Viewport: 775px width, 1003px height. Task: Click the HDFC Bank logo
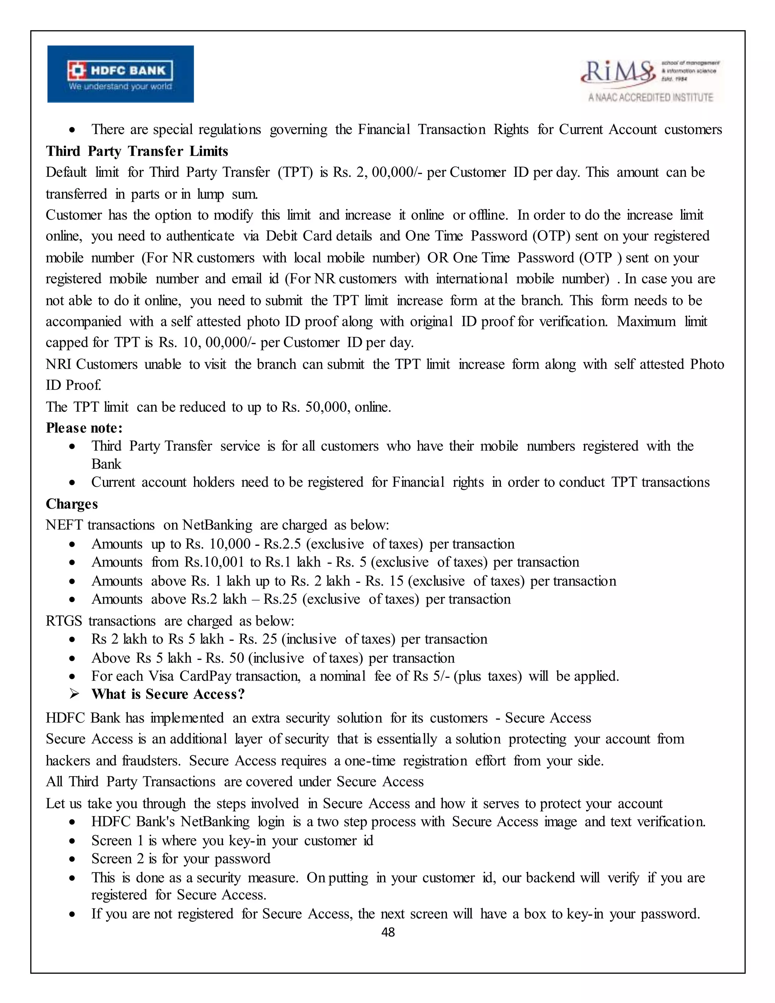point(120,73)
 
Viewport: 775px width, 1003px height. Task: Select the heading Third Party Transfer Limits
point(137,151)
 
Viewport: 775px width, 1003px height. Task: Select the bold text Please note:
point(84,428)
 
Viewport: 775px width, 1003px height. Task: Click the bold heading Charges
point(72,504)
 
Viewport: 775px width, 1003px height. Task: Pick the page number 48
point(388,932)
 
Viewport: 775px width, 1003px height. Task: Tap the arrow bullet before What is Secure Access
point(74,694)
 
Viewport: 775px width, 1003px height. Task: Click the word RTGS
point(64,621)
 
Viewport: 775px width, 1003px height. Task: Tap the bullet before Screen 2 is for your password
point(72,859)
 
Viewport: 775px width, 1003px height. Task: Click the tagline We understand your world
point(120,86)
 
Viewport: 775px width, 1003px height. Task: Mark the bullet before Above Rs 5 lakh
point(72,659)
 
